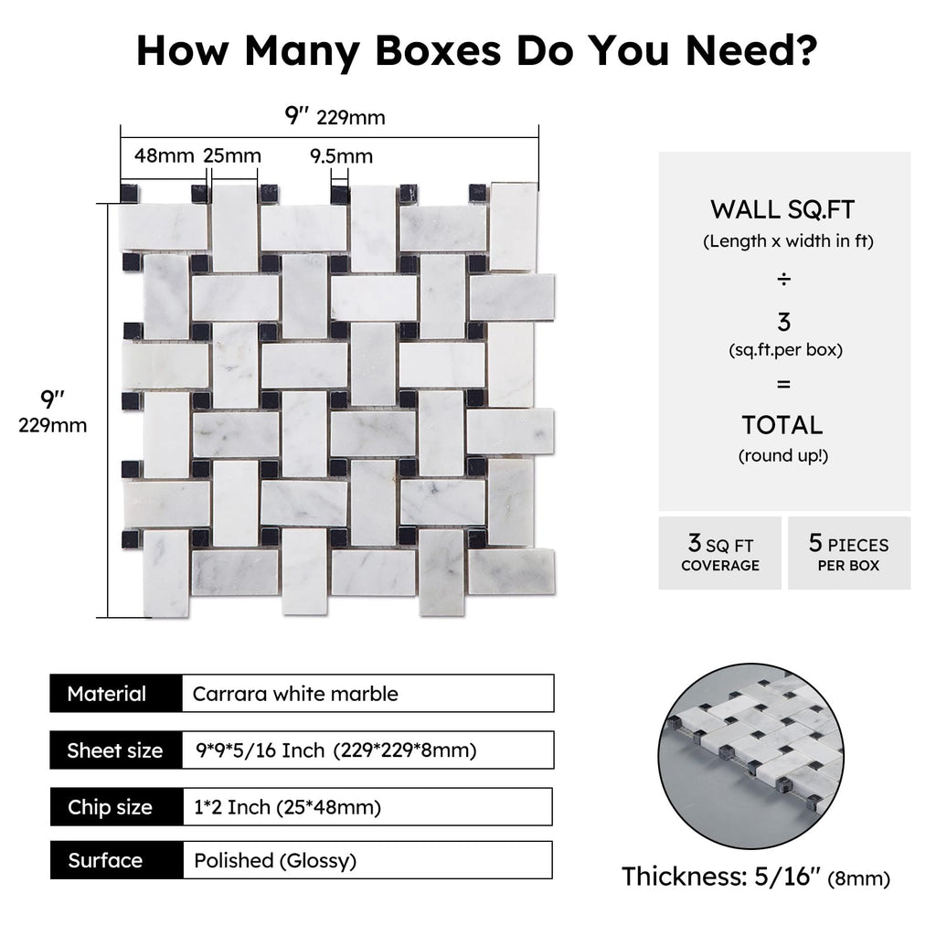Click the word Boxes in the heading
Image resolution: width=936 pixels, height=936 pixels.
pos(438,51)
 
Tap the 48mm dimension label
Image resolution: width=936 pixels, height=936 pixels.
pos(164,155)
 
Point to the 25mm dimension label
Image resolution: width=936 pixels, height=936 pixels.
pos(231,155)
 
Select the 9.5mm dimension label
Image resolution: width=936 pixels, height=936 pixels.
pos(341,156)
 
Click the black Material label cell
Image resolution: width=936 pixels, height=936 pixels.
pos(116,693)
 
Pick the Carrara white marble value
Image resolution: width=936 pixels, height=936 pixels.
pos(295,694)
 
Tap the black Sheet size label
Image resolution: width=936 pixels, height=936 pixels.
pos(116,750)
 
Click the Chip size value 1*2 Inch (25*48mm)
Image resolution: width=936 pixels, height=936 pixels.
pos(287,807)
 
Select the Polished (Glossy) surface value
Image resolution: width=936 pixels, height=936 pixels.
pos(275,861)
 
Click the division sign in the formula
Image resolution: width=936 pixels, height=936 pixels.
pos(783,279)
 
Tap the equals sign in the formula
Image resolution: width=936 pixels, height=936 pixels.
pos(783,384)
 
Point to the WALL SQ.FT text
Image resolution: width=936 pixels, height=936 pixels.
pos(782,209)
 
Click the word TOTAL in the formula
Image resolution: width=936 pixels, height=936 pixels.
pos(782,425)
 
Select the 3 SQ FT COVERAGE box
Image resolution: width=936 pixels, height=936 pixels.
pos(720,553)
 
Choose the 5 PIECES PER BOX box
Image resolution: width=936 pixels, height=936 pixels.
pos(849,553)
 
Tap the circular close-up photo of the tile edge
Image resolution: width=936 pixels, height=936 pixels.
pos(751,756)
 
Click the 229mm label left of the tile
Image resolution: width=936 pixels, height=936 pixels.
pos(52,425)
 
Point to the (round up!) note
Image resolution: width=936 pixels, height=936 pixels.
pos(783,456)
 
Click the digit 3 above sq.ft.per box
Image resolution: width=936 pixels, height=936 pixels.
pos(783,322)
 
